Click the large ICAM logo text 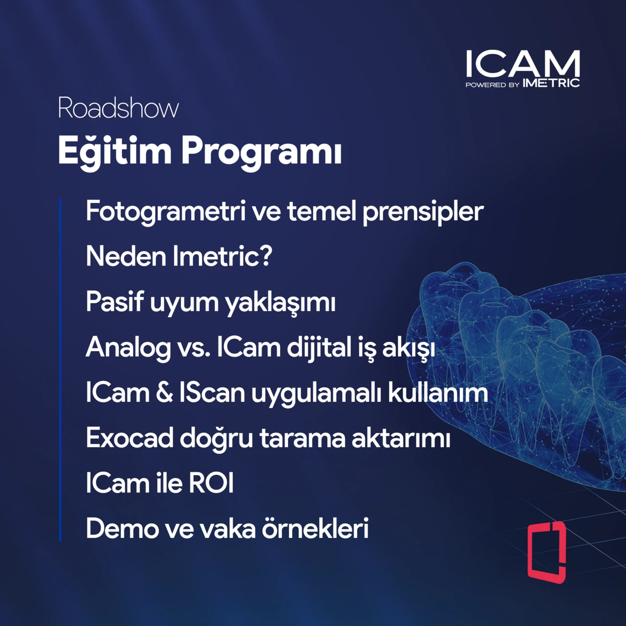pyautogui.click(x=522, y=64)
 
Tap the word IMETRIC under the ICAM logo pyautogui.click(x=551, y=84)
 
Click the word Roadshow pyautogui.click(x=118, y=108)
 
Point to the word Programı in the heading pyautogui.click(x=261, y=152)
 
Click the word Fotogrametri pyautogui.click(x=165, y=212)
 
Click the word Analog pyautogui.click(x=128, y=348)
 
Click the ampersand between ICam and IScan pyautogui.click(x=164, y=393)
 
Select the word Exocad pyautogui.click(x=130, y=438)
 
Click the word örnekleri pyautogui.click(x=315, y=529)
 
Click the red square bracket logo pyautogui.click(x=547, y=552)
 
